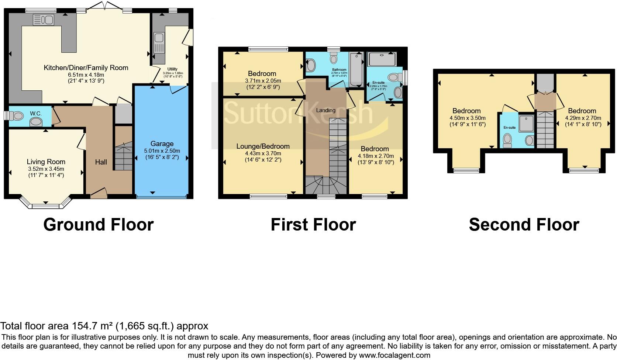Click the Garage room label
(x=162, y=144)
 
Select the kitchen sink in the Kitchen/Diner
(x=43, y=20)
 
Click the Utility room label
(x=172, y=69)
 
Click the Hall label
(x=101, y=162)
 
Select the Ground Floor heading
(x=98, y=225)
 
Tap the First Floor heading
(x=313, y=225)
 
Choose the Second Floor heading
(x=524, y=225)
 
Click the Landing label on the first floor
(x=326, y=110)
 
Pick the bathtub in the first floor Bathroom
(x=356, y=69)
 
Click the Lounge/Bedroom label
(x=263, y=146)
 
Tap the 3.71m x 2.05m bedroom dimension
(x=263, y=81)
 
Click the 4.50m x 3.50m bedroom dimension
(x=467, y=118)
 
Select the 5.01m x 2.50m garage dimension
(x=162, y=151)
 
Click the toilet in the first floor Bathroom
(x=334, y=59)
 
